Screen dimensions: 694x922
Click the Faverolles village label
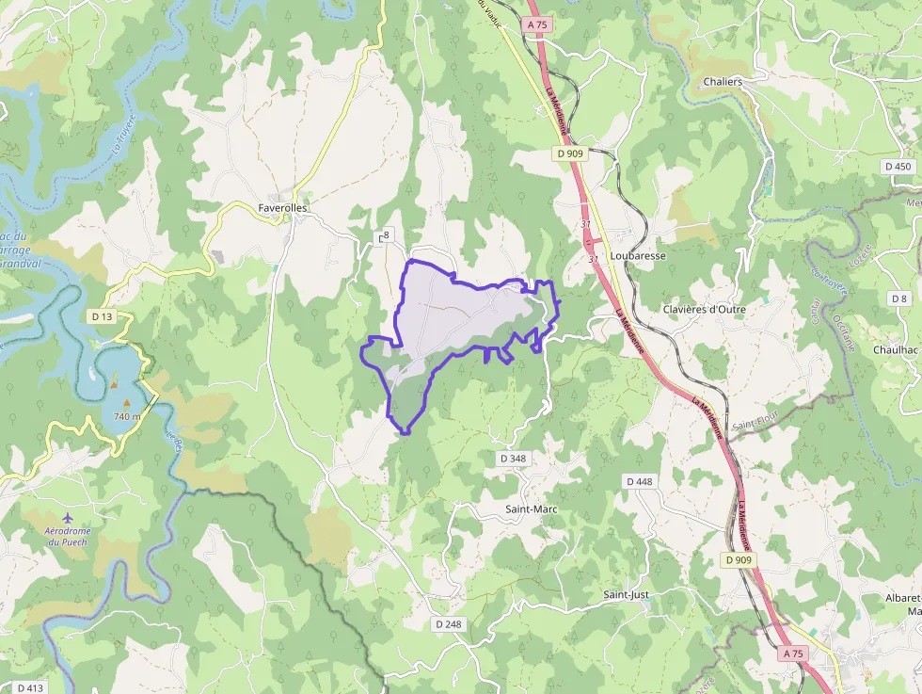(282, 208)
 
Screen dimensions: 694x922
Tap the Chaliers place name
(723, 82)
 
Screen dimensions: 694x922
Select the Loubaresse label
(638, 255)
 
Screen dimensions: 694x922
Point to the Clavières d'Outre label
(704, 309)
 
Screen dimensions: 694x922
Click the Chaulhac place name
(895, 349)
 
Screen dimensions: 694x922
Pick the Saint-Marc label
(532, 509)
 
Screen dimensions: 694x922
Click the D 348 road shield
(513, 459)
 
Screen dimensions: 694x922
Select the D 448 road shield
(639, 481)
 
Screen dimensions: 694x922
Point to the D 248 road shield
(450, 624)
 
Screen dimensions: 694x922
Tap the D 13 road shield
(102, 316)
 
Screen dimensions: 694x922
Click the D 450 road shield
(898, 166)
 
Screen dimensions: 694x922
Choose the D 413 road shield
(31, 687)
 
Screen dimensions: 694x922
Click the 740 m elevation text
(127, 416)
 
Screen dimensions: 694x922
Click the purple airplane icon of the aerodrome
(67, 518)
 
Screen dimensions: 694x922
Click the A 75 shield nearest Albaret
(793, 653)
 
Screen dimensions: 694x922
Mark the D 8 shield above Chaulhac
(899, 299)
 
